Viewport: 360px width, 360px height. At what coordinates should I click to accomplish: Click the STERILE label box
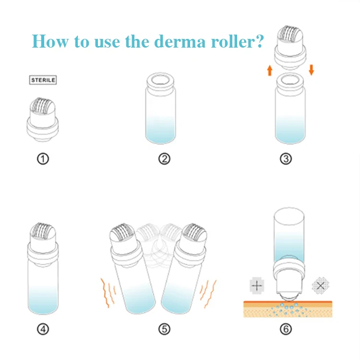[x=43, y=80]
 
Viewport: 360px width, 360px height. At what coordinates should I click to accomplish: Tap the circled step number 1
[x=43, y=159]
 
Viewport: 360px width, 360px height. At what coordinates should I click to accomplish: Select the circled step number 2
[x=164, y=159]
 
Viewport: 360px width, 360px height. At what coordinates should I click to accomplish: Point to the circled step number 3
[x=286, y=159]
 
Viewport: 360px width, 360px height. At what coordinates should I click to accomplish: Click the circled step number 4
[x=43, y=329]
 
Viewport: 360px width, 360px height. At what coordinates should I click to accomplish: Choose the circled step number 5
[x=164, y=329]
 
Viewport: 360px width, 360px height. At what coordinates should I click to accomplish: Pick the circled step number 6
[x=286, y=329]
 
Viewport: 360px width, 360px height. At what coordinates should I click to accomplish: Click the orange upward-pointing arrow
[x=270, y=71]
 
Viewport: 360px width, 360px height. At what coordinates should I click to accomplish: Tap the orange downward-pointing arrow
[x=312, y=70]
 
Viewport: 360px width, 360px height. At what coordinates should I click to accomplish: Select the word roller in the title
[x=233, y=42]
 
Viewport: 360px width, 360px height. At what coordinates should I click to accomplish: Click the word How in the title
[x=50, y=41]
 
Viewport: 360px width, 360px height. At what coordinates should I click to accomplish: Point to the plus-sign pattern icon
[x=257, y=286]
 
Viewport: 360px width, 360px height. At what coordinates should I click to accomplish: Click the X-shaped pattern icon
[x=321, y=286]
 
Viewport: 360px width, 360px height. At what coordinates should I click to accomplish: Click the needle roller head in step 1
[x=43, y=106]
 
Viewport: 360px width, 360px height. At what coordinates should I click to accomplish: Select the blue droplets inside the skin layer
[x=287, y=309]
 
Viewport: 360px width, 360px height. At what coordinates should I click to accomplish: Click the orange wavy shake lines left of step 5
[x=108, y=293]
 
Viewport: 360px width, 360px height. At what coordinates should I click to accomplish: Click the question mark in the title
[x=260, y=41]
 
